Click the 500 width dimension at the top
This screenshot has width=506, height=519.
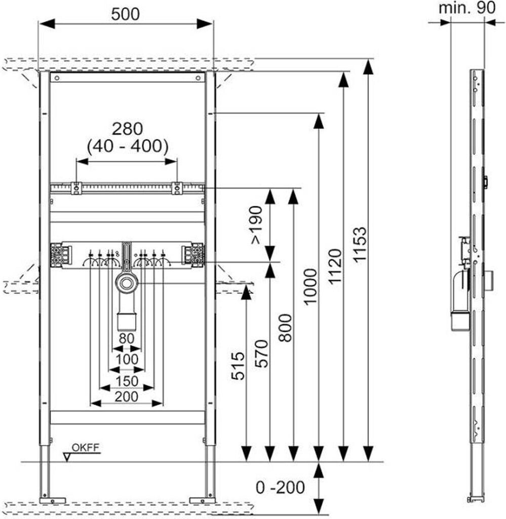(125, 14)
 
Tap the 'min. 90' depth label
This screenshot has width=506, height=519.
(467, 8)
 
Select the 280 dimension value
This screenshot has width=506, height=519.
(127, 129)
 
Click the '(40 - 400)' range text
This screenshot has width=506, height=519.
(127, 146)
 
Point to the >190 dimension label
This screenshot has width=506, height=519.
(256, 225)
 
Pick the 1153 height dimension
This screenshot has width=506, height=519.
(360, 245)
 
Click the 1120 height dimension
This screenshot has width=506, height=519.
(334, 267)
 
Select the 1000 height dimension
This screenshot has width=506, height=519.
(310, 287)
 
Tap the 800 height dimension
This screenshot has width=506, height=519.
(285, 328)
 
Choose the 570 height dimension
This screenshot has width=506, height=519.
(261, 354)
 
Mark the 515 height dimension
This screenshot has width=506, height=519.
(238, 366)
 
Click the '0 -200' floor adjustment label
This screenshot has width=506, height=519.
(280, 488)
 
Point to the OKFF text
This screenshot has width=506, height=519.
(85, 448)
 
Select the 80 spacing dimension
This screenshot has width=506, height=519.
(126, 339)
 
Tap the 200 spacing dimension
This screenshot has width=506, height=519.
(126, 396)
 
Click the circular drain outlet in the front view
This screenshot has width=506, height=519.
(127, 283)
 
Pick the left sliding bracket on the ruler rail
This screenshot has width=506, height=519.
(76, 188)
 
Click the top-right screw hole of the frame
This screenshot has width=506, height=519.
(198, 78)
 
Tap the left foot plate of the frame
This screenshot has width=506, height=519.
(53, 500)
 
